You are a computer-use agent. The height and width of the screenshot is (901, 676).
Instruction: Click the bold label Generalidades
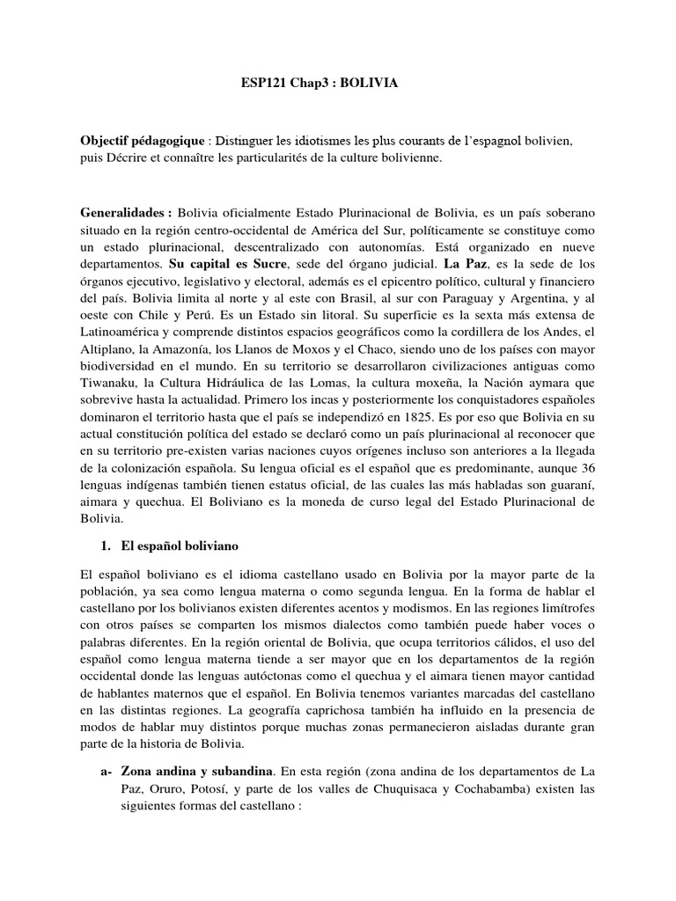(x=125, y=214)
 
